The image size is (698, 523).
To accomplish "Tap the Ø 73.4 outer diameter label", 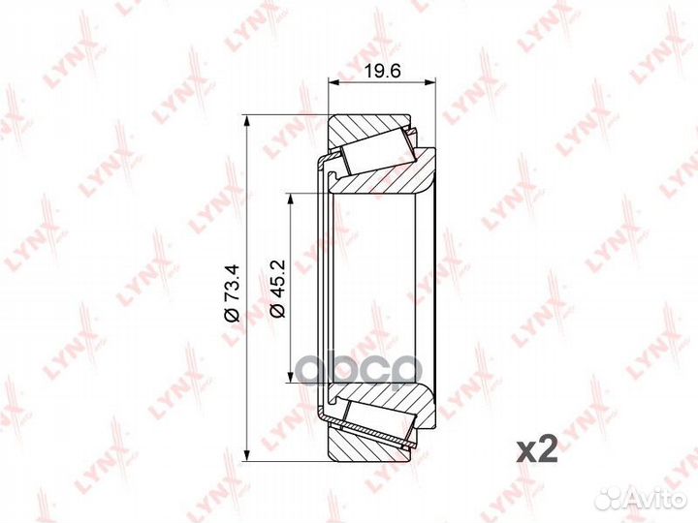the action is click(x=233, y=293).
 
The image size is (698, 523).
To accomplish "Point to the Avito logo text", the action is click(x=657, y=500).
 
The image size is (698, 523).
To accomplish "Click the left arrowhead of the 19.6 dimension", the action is click(x=333, y=81).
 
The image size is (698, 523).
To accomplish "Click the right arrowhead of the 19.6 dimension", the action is click(x=429, y=81).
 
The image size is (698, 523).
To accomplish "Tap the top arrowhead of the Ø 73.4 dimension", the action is click(x=245, y=121).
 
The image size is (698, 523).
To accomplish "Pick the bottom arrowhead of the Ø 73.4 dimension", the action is click(x=245, y=454).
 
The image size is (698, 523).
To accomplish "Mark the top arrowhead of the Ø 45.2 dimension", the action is click(x=291, y=200).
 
